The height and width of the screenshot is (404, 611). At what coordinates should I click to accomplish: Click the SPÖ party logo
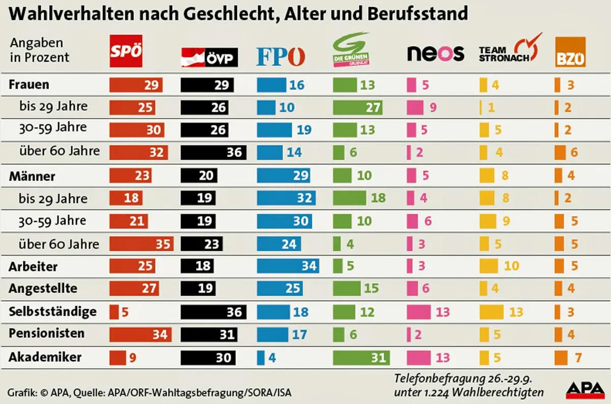[126, 51]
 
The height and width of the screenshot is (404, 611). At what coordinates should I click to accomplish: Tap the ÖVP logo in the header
[209, 57]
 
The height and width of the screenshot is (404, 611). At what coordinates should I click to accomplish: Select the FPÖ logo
[281, 57]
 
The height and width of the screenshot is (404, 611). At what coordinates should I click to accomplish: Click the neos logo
[435, 53]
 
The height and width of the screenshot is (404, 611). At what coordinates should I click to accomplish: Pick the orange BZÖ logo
[570, 52]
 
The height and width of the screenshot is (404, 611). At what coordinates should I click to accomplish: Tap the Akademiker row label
[45, 357]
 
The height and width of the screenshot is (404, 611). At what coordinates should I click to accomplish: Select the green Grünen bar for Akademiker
[361, 358]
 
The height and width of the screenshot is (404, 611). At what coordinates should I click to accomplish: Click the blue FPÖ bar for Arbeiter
[288, 266]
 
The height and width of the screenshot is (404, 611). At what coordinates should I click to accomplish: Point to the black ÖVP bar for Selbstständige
[213, 312]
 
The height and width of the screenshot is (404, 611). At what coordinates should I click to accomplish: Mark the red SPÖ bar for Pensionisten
[141, 335]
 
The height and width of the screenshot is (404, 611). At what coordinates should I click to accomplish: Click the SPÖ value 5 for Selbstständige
[125, 312]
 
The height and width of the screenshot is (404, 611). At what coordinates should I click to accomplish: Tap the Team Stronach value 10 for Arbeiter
[511, 266]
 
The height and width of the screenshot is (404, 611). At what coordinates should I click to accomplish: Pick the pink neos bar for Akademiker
[419, 358]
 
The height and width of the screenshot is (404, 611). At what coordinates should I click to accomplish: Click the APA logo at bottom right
[585, 390]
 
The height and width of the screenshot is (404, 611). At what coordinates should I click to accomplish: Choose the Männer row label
[32, 177]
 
